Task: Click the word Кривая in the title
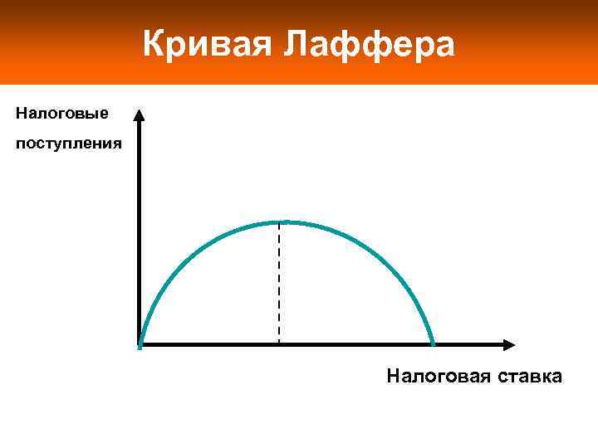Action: (208, 44)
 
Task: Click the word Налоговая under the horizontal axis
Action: (439, 377)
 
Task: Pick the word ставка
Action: (529, 377)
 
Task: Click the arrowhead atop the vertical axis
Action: (139, 115)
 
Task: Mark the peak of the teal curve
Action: (280, 222)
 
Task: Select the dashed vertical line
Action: (279, 282)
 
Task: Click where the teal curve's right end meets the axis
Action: (434, 343)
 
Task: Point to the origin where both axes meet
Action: (140, 344)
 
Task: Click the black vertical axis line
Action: (140, 232)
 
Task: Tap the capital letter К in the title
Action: (154, 44)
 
